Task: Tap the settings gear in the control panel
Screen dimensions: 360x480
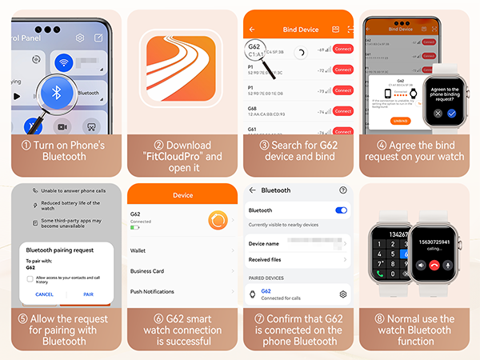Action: pyautogui.click(x=79, y=38)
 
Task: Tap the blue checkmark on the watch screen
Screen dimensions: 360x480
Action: pyautogui.click(x=452, y=114)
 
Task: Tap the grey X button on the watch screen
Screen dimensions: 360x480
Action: pyautogui.click(x=437, y=114)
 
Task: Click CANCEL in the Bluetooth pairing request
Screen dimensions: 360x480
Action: pyautogui.click(x=44, y=294)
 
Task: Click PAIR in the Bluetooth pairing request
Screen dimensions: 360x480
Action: pyautogui.click(x=88, y=294)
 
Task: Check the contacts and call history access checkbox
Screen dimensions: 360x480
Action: pyautogui.click(x=30, y=278)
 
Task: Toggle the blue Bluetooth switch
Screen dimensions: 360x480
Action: pyautogui.click(x=342, y=210)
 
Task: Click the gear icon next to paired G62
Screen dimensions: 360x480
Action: pyautogui.click(x=342, y=294)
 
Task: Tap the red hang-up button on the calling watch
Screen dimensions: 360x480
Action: pyautogui.click(x=434, y=264)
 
